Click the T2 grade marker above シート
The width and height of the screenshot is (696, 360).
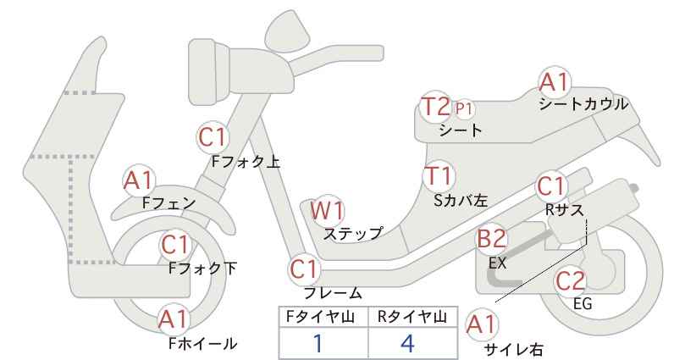(435, 107)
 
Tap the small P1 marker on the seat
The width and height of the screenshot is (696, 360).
(464, 108)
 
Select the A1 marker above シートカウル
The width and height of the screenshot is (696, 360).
(554, 82)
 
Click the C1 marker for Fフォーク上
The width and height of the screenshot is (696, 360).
(213, 137)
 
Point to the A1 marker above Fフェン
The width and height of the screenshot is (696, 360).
(139, 181)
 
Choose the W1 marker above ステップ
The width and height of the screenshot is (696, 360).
(327, 210)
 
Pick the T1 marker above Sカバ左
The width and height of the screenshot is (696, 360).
(438, 176)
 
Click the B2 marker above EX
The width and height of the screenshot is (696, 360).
(491, 239)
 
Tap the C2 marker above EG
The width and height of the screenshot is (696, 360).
(571, 280)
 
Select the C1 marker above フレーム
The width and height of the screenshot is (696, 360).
(304, 269)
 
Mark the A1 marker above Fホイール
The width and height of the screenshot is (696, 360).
(174, 319)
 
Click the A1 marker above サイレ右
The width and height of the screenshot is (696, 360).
(481, 324)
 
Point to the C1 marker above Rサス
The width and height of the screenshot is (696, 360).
(550, 186)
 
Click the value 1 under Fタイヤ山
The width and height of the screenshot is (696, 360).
(318, 343)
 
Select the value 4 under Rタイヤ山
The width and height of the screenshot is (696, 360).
(407, 343)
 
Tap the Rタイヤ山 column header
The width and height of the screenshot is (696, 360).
(412, 317)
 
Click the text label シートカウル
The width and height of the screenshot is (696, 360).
(583, 104)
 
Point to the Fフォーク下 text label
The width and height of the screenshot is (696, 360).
(202, 269)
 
